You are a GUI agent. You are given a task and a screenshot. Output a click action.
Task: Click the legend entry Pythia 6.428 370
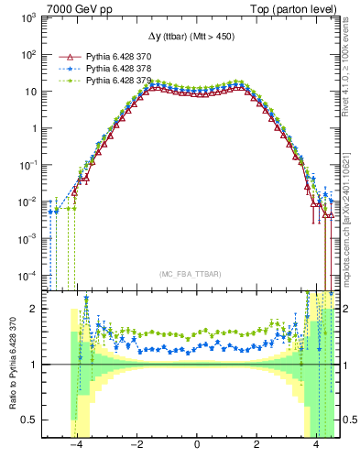[118, 56]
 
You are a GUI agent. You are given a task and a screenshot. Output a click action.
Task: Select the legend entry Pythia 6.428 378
[118, 69]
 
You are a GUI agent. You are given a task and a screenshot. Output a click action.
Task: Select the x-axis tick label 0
[197, 446]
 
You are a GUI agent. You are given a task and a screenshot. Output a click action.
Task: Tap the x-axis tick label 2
[256, 446]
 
